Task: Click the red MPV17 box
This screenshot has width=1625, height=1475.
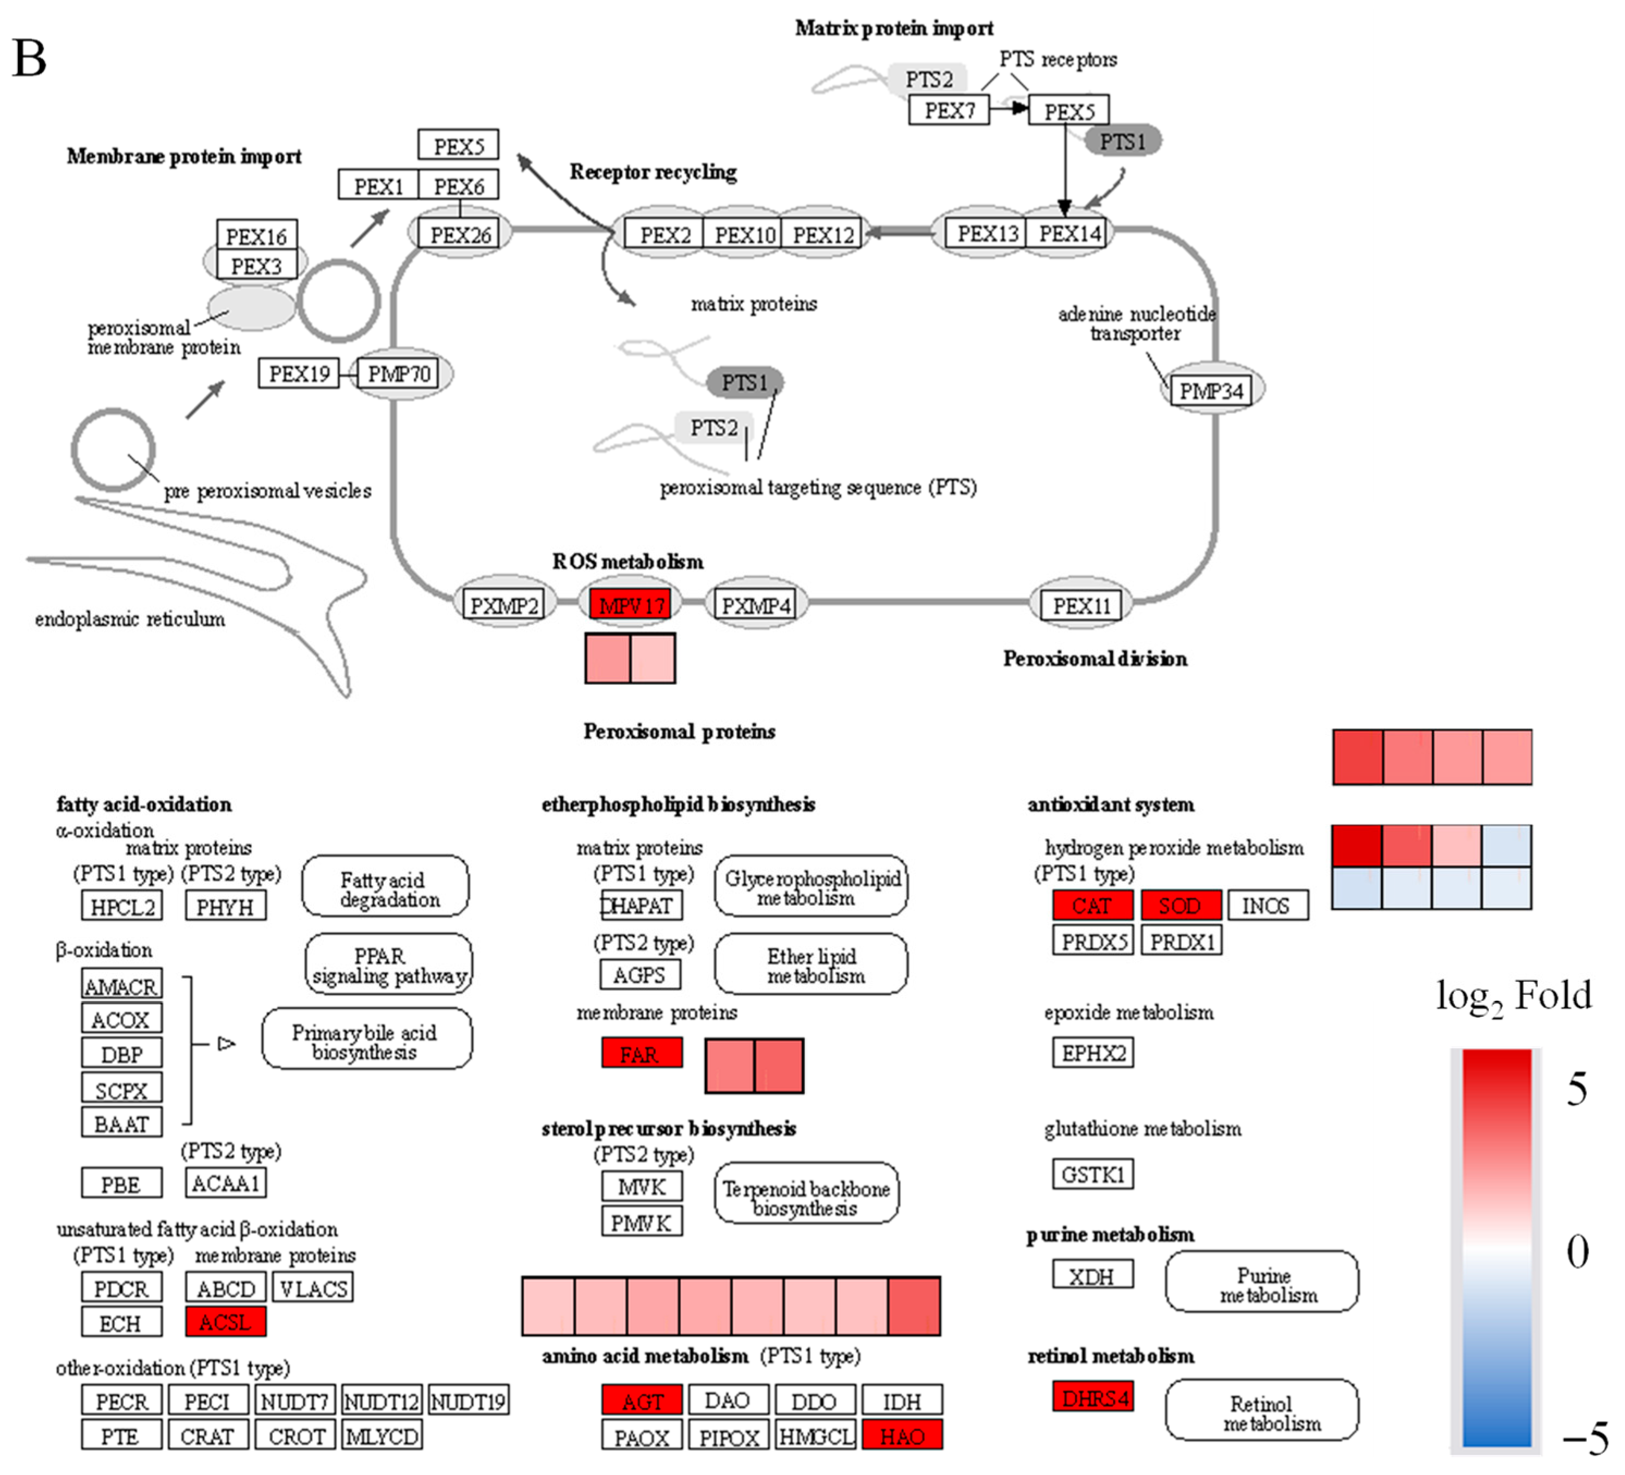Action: coord(630,604)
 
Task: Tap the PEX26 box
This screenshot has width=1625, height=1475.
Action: coord(460,235)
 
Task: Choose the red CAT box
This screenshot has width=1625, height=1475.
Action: coord(1092,905)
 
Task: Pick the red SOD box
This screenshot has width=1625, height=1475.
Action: coord(1181,905)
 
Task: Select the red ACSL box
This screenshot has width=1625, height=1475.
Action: coord(226,1322)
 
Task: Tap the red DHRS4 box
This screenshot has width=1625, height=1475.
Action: coord(1092,1397)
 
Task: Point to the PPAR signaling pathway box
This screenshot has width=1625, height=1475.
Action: coord(389,965)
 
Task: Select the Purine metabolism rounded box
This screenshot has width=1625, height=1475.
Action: coord(1261,1282)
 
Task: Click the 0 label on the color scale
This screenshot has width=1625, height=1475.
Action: coord(1578,1252)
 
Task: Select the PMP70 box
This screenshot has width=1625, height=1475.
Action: coord(398,373)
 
